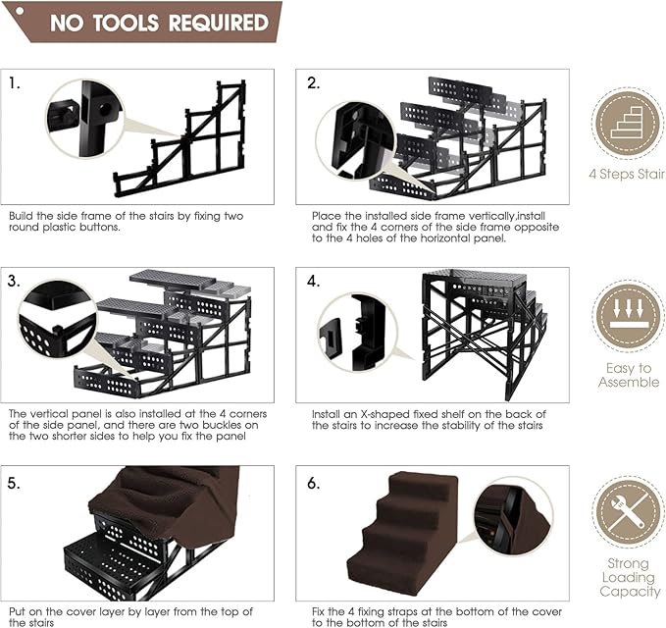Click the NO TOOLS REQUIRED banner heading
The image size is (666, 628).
pos(159,22)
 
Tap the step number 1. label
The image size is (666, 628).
pos(15,83)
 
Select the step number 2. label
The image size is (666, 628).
pos(314,83)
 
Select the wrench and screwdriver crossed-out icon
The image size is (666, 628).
pos(628,512)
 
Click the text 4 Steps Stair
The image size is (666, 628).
pos(628,174)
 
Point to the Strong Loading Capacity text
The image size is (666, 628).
pos(628,578)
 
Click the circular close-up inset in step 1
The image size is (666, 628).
pos(84,118)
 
